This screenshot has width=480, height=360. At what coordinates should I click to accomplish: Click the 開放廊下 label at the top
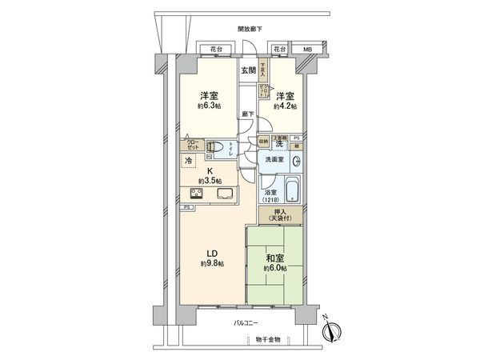click(x=250, y=30)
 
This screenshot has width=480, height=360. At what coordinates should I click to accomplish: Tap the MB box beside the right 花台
click(x=307, y=50)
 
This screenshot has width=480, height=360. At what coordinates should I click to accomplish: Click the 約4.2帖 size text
click(x=286, y=106)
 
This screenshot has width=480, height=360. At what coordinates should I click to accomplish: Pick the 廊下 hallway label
click(x=247, y=114)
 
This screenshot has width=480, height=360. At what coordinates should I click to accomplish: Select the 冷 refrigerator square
click(x=189, y=162)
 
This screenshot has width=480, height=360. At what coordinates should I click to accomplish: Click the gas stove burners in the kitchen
click(x=198, y=193)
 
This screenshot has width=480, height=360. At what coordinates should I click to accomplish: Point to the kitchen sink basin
click(x=222, y=193)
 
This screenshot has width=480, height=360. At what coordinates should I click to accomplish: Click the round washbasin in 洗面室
click(x=295, y=160)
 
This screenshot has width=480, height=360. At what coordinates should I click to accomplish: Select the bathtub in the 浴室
click(x=293, y=190)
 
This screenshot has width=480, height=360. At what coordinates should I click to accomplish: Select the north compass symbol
click(x=334, y=329)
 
